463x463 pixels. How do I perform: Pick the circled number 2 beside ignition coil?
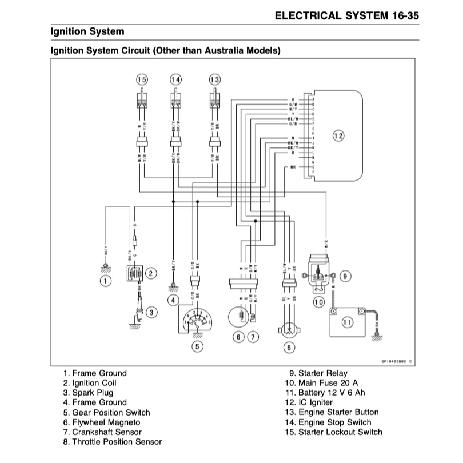150,273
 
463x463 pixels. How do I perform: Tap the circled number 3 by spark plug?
151,312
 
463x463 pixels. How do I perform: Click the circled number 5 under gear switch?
197,345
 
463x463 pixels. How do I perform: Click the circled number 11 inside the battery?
348,322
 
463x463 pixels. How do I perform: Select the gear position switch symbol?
197,320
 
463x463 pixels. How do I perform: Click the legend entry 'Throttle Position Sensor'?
113,442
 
